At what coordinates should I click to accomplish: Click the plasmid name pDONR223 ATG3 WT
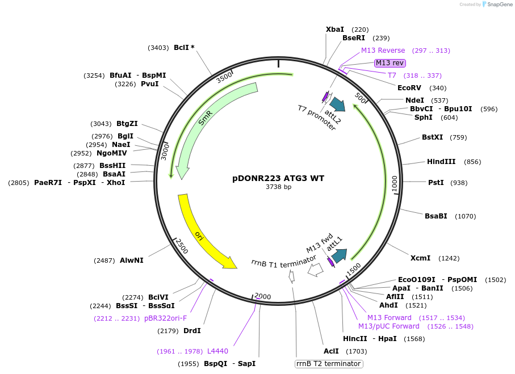(278, 178)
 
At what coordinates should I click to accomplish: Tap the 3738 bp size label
(278, 187)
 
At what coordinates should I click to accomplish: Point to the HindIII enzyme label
(441, 162)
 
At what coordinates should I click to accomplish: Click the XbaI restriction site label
(334, 30)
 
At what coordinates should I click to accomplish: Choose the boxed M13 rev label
(390, 63)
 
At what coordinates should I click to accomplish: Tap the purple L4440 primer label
(217, 351)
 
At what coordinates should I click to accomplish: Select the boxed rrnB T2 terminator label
(329, 364)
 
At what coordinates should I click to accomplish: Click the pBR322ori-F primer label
(165, 318)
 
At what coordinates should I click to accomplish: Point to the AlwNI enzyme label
(131, 260)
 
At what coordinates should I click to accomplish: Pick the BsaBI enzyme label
(436, 216)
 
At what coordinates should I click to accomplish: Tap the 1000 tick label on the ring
(394, 183)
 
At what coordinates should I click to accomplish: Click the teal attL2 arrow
(337, 104)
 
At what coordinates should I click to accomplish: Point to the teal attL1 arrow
(340, 256)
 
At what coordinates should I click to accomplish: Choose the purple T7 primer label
(392, 75)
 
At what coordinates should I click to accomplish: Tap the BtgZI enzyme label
(127, 124)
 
